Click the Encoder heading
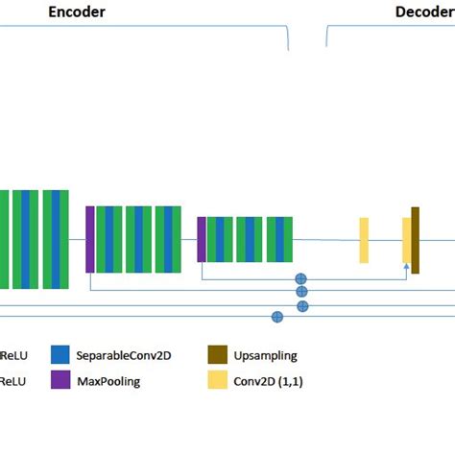click(78, 12)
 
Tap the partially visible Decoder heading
click(424, 12)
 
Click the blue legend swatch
click(62, 355)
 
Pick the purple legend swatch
click(62, 381)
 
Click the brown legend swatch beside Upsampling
click(217, 355)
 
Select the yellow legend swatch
click(217, 381)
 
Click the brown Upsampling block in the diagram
click(416, 234)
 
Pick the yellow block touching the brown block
click(407, 240)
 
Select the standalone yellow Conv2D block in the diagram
click(364, 240)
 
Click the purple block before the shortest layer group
click(202, 239)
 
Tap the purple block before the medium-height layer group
click(89, 239)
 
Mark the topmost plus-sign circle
click(300, 278)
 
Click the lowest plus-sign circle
click(277, 317)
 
